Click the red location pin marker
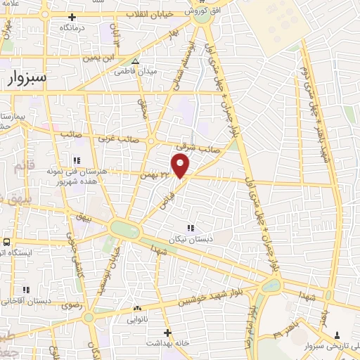(181, 166)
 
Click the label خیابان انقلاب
(148, 14)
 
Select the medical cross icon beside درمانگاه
(72, 16)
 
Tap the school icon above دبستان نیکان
(190, 228)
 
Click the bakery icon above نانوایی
(138, 308)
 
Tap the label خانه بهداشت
(167, 342)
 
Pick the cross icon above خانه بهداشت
(167, 332)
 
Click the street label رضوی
(73, 306)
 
